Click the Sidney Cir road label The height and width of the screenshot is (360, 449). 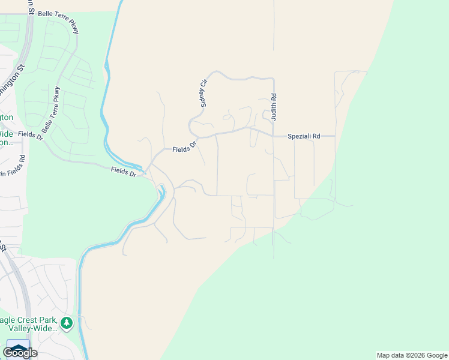coord(204,92)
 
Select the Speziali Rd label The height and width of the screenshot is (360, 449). coord(304,136)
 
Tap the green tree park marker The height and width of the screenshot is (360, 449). coord(66,324)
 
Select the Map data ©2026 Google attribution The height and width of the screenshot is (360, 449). coord(412,355)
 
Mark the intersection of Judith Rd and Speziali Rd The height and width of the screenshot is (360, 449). coord(274,136)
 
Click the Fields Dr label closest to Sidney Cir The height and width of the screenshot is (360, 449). coord(184,148)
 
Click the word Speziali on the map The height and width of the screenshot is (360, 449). coord(298,136)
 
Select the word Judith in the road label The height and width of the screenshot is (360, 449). coord(274,112)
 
